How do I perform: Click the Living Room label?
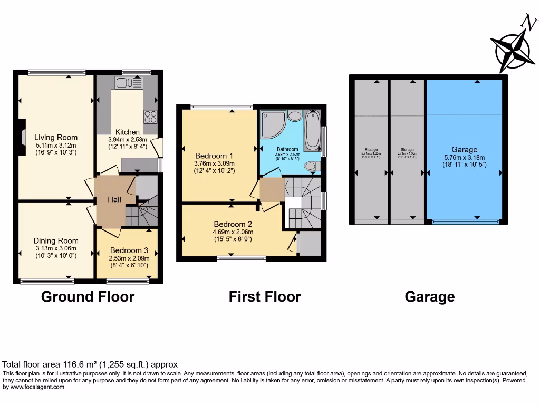(x=56, y=138)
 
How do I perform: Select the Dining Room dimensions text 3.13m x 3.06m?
(x=55, y=248)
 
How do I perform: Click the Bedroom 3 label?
(x=129, y=250)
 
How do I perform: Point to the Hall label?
(x=114, y=199)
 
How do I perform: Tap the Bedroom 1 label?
(x=214, y=156)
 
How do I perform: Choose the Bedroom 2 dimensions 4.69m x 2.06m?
(x=233, y=232)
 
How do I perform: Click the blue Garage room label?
(x=464, y=150)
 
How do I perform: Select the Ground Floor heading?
(x=88, y=297)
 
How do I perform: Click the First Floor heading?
(x=265, y=297)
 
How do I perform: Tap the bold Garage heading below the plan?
(x=429, y=297)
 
